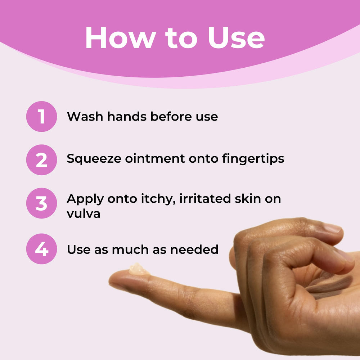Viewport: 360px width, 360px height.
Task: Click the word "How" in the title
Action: (121, 37)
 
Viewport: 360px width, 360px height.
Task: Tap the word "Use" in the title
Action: (236, 37)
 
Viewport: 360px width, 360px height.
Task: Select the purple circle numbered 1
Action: (41, 116)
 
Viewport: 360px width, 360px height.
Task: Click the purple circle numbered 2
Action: (41, 160)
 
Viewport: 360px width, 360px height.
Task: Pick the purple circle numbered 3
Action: (41, 203)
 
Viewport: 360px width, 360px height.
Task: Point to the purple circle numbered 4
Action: (41, 249)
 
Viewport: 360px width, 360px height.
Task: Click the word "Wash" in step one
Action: (85, 116)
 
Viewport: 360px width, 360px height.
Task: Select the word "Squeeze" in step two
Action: (94, 159)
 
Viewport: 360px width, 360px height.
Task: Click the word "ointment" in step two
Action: (155, 158)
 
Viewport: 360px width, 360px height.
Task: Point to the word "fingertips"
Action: (253, 159)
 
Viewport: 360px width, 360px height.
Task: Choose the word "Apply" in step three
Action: (85, 199)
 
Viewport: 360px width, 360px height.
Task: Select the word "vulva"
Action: (84, 213)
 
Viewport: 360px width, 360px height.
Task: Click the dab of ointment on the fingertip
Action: (139, 269)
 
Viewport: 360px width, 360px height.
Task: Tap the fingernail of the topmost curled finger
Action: (333, 228)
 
